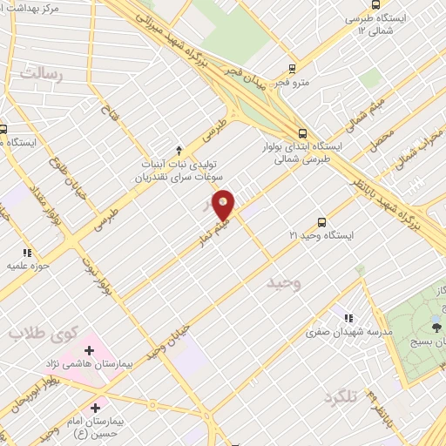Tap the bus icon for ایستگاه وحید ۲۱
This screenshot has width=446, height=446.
click(321, 222)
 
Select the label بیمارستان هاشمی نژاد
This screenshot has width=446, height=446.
click(90, 362)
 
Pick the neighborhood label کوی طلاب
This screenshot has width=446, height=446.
click(41, 332)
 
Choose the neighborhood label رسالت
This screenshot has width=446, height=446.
click(42, 75)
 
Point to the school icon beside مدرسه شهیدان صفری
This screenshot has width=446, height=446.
click(348, 318)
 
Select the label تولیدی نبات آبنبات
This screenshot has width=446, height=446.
click(185, 163)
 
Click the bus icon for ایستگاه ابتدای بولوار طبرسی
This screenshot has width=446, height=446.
click(302, 133)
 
